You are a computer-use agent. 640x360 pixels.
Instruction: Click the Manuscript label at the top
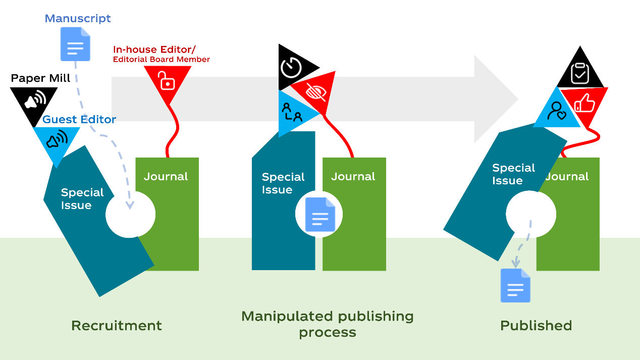click(x=78, y=19)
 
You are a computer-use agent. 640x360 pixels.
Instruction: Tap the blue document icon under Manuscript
click(x=75, y=44)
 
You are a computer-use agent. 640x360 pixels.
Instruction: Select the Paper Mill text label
click(x=40, y=78)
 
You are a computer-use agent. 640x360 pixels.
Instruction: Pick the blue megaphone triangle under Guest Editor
click(x=56, y=140)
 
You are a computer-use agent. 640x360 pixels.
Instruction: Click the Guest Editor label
click(x=79, y=120)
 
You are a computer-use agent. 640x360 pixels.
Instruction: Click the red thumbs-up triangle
click(x=585, y=104)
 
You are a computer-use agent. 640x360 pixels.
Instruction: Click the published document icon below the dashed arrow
click(x=515, y=285)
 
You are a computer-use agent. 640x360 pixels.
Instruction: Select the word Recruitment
click(x=117, y=326)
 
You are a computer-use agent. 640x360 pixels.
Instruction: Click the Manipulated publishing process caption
click(x=328, y=324)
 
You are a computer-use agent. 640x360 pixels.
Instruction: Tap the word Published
click(x=536, y=326)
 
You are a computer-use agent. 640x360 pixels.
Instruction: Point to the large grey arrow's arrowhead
click(x=492, y=99)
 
